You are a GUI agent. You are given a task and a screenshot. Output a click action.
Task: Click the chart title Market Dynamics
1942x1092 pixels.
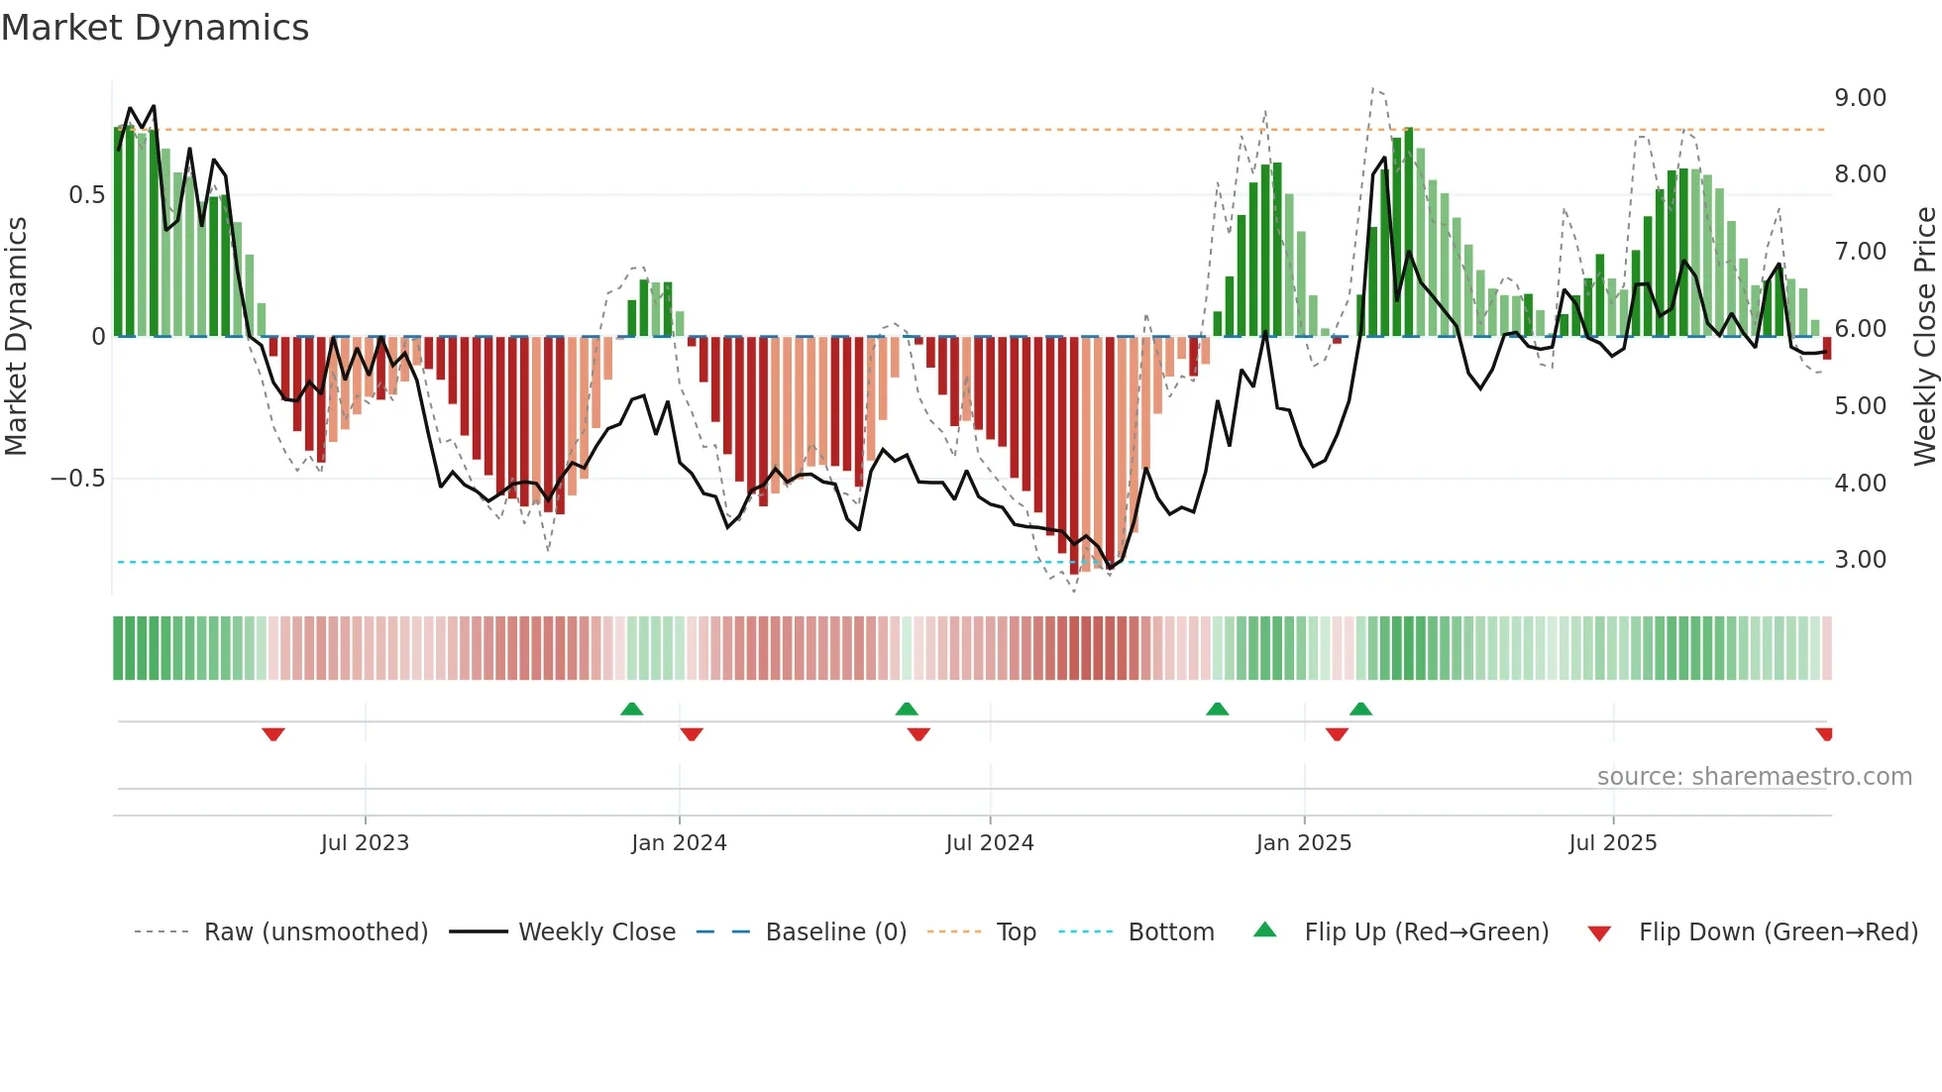(156, 28)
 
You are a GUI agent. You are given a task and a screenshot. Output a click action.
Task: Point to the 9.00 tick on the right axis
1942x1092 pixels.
(1860, 98)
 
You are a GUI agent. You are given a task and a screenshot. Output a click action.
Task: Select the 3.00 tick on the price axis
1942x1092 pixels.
(1860, 560)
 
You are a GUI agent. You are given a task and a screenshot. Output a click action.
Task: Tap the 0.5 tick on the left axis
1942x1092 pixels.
(86, 195)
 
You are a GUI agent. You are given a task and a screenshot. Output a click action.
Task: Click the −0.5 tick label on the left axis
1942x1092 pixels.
(77, 479)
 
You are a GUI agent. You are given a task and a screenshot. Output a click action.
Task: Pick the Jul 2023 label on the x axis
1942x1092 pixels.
(365, 843)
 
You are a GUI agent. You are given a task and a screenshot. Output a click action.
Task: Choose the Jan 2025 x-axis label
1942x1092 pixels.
(1303, 843)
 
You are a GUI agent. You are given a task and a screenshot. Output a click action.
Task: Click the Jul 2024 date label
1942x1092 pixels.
(989, 843)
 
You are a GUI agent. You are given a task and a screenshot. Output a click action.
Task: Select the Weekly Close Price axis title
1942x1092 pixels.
(1924, 336)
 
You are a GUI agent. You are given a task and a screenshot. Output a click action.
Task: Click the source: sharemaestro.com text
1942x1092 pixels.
(1754, 777)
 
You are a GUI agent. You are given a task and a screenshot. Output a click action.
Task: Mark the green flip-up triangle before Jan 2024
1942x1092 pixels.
(631, 709)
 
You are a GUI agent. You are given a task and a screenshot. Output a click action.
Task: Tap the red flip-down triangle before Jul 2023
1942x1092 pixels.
(273, 734)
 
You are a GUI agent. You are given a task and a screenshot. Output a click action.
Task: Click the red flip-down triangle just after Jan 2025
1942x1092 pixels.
(1337, 734)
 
